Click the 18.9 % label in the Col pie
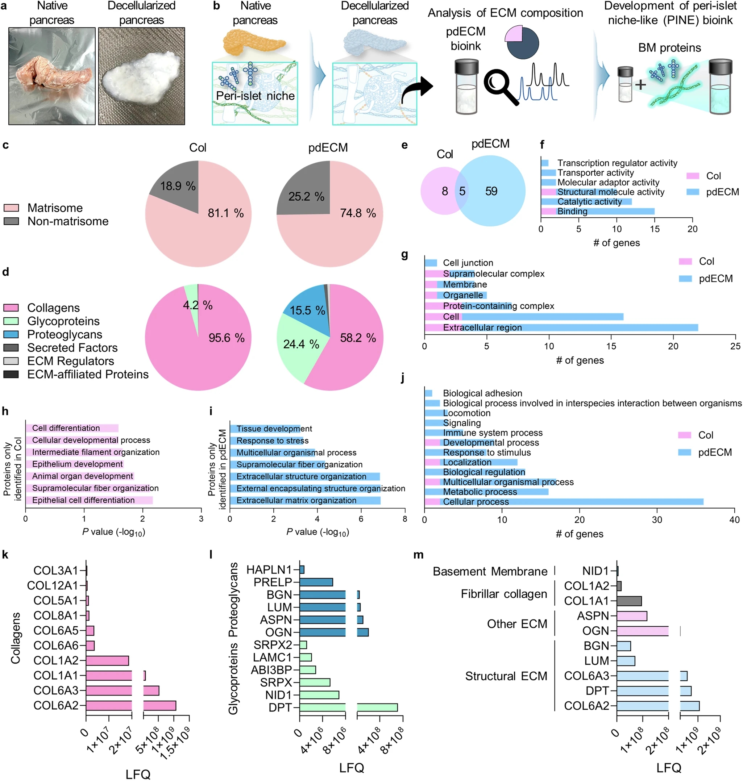(x=178, y=186)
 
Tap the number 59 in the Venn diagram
(x=491, y=192)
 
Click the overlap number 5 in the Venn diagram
(x=462, y=192)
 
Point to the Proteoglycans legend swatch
(x=11, y=334)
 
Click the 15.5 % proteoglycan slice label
(x=307, y=310)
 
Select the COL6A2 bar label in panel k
(x=56, y=705)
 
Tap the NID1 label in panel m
(x=595, y=571)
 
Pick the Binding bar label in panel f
(x=572, y=212)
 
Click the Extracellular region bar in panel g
(x=561, y=328)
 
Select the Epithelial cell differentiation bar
(x=89, y=500)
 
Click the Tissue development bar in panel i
(x=265, y=429)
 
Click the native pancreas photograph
(x=52, y=76)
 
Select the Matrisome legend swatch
(x=11, y=208)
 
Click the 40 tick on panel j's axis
(x=734, y=520)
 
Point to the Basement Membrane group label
(x=490, y=572)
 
